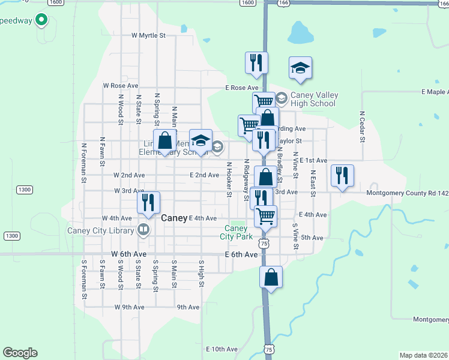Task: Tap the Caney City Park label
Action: pyautogui.click(x=236, y=232)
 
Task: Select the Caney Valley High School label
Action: pyautogui.click(x=313, y=100)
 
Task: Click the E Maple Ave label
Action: pyautogui.click(x=435, y=92)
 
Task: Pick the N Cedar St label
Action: pyautogui.click(x=362, y=127)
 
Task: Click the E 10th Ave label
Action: pyautogui.click(x=222, y=349)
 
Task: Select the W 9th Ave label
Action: pyautogui.click(x=129, y=307)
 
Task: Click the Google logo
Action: pyautogui.click(x=20, y=353)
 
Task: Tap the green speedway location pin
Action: pyautogui.click(x=41, y=20)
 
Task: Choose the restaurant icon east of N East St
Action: pyautogui.click(x=342, y=176)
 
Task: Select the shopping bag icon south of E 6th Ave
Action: pyautogui.click(x=271, y=277)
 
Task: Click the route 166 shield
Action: pyautogui.click(x=283, y=3)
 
